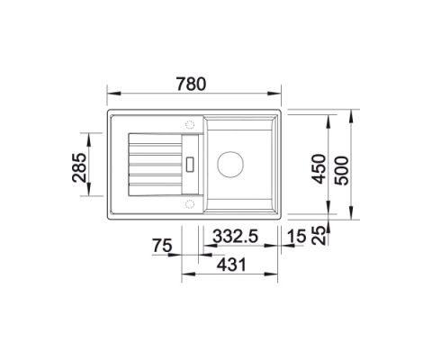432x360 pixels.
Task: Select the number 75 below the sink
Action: pos(161,246)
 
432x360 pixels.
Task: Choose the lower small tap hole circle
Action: pos(191,204)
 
